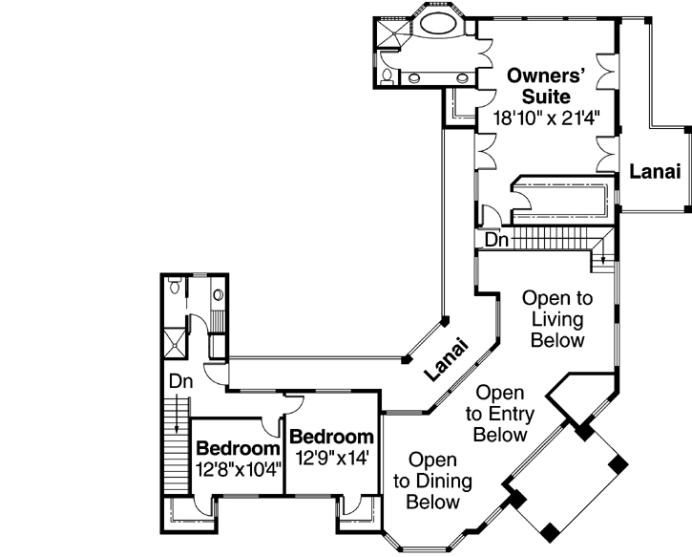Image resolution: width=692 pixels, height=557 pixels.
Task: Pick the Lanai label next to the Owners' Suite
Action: tap(654, 172)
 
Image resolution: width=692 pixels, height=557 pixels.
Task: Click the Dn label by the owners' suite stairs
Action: tap(495, 242)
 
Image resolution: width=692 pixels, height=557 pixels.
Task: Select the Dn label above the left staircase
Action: tap(181, 380)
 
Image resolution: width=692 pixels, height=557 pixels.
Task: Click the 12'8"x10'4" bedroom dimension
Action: tap(238, 469)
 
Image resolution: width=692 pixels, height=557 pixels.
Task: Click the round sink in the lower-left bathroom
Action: tap(218, 295)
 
